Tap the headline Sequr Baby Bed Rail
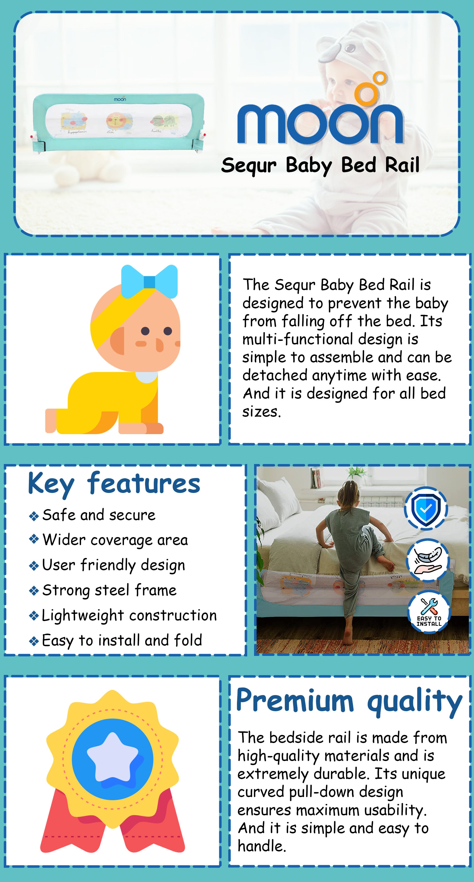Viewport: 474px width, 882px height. point(320,166)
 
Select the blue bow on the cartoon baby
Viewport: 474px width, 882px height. point(150,281)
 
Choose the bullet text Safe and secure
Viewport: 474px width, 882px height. point(99,515)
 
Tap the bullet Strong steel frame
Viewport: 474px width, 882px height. point(109,590)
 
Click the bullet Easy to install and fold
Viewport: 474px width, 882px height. point(122,641)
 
